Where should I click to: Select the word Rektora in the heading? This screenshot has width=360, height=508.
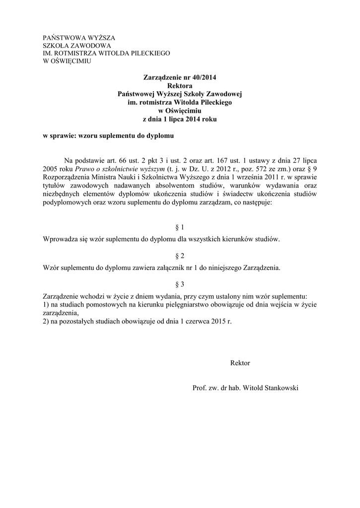point(180,86)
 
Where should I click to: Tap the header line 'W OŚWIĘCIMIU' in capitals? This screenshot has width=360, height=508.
point(67,61)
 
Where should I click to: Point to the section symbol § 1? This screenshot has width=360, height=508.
point(180,228)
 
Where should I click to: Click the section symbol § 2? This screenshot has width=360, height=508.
point(180,256)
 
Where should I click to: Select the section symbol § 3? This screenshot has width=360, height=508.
point(180,284)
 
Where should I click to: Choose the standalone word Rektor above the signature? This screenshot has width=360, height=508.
point(240,363)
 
